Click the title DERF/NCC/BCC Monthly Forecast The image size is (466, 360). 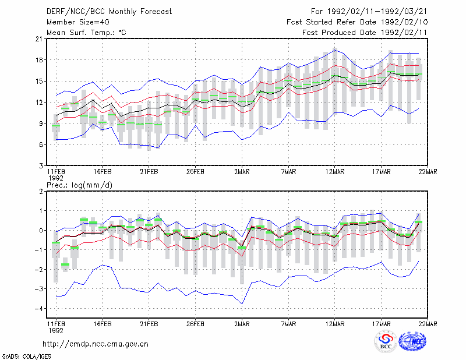[x=109, y=12]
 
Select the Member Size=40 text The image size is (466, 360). [x=78, y=22]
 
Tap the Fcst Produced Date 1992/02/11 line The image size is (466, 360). [x=365, y=33]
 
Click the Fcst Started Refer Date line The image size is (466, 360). [x=357, y=22]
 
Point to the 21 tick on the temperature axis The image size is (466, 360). [x=39, y=38]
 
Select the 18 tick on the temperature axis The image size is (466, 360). [x=39, y=60]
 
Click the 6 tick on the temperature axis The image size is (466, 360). [x=41, y=144]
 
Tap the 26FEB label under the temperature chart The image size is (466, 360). [x=195, y=172]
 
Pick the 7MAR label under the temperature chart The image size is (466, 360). [x=288, y=172]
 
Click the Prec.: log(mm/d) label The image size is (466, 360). [x=79, y=185]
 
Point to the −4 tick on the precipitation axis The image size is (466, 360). [x=38, y=308]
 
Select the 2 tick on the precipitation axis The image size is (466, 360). [x=41, y=191]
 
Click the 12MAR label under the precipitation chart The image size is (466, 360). [x=334, y=324]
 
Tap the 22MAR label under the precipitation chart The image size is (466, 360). [x=428, y=324]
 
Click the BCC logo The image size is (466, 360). [x=386, y=341]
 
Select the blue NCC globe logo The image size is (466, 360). [x=412, y=341]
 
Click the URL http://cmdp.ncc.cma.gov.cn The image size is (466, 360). [x=96, y=344]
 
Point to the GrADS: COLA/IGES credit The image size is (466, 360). [x=26, y=357]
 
